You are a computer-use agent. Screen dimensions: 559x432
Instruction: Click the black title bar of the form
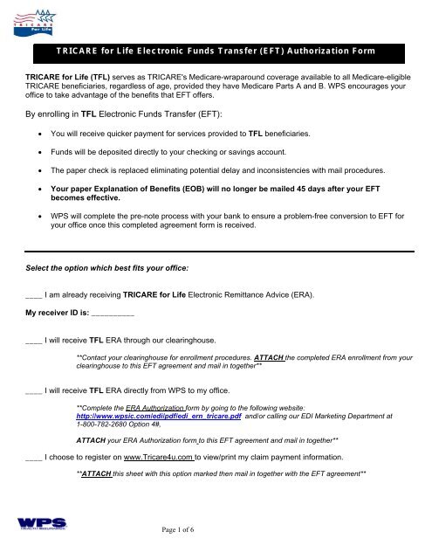216,54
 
